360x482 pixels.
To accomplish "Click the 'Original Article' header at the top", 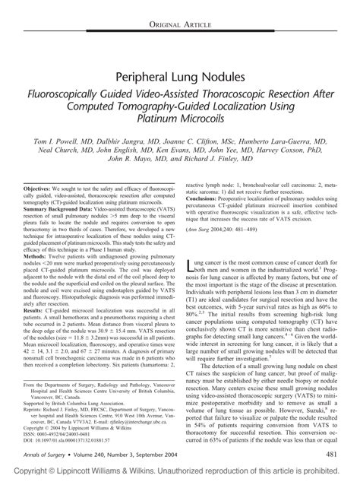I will [x=180, y=6].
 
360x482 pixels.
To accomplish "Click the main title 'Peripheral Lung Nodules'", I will [x=180, y=78].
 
